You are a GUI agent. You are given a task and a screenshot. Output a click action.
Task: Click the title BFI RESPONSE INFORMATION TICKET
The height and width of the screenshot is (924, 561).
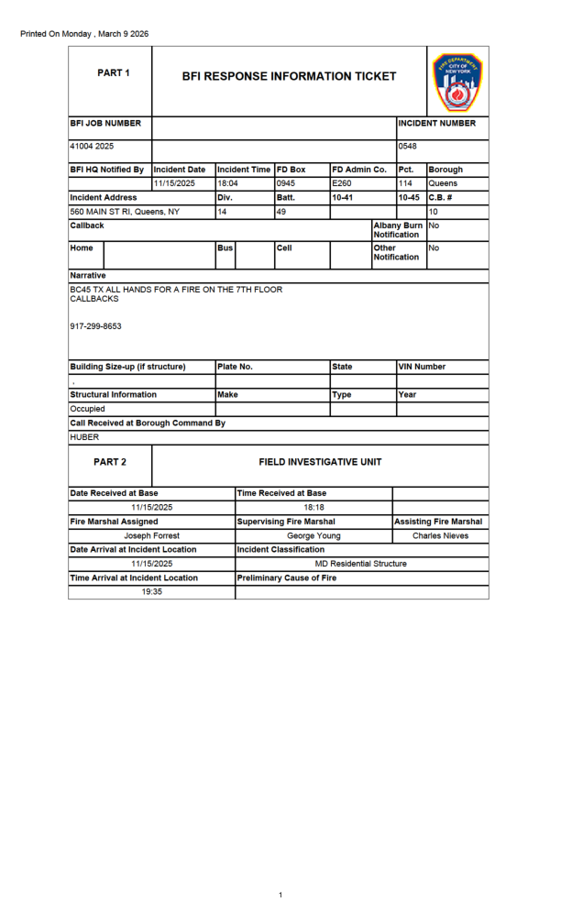(289, 76)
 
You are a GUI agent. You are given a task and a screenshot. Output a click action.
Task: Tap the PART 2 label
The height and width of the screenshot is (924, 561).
(110, 462)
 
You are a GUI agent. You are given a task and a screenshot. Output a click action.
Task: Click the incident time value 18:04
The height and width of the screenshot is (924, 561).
(228, 183)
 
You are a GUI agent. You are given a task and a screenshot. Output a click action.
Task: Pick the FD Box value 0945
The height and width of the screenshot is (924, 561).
(286, 183)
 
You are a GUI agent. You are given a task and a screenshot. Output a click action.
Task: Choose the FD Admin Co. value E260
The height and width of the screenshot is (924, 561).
(342, 183)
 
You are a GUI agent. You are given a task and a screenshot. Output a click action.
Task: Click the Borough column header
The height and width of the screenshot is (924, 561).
(445, 170)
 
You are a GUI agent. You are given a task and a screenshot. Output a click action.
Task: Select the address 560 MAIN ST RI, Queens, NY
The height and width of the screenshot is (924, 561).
(125, 212)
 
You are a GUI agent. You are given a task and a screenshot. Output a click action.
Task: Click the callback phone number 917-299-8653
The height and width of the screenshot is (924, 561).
(95, 325)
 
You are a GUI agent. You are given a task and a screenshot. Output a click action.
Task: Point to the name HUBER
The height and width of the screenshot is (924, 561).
(84, 437)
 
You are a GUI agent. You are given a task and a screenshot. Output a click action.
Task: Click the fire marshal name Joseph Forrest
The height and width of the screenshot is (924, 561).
(151, 535)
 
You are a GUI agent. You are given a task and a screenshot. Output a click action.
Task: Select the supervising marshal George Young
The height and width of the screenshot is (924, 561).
(313, 535)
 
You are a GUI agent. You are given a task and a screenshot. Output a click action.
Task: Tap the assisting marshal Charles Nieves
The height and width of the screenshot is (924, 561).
(440, 535)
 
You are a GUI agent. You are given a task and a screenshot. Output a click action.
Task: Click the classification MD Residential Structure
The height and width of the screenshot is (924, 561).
(360, 564)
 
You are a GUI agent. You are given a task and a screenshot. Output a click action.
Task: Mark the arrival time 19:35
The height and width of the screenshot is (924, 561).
(151, 592)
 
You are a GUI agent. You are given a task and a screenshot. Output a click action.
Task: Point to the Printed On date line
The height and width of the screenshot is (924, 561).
(84, 34)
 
